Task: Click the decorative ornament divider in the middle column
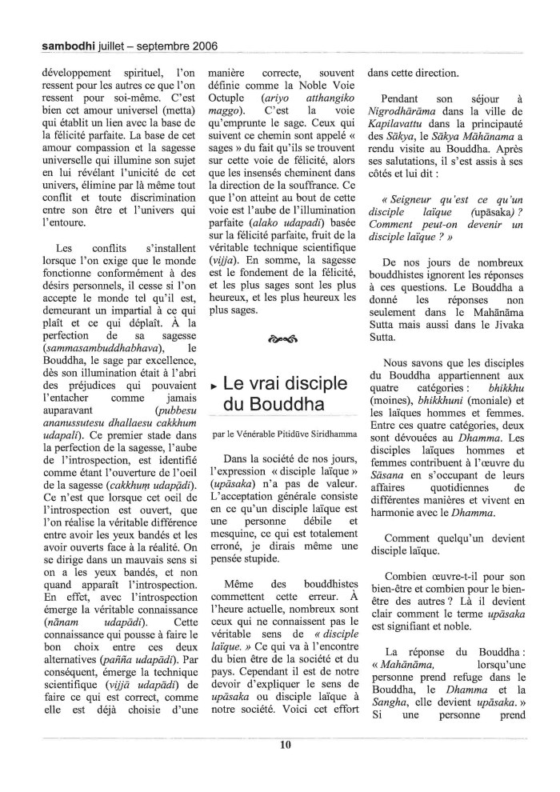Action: [x=286, y=338]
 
